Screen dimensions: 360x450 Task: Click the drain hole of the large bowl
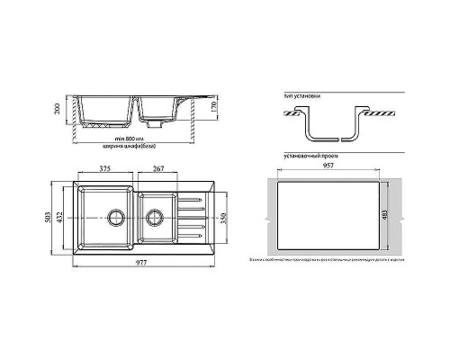[x=115, y=216]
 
